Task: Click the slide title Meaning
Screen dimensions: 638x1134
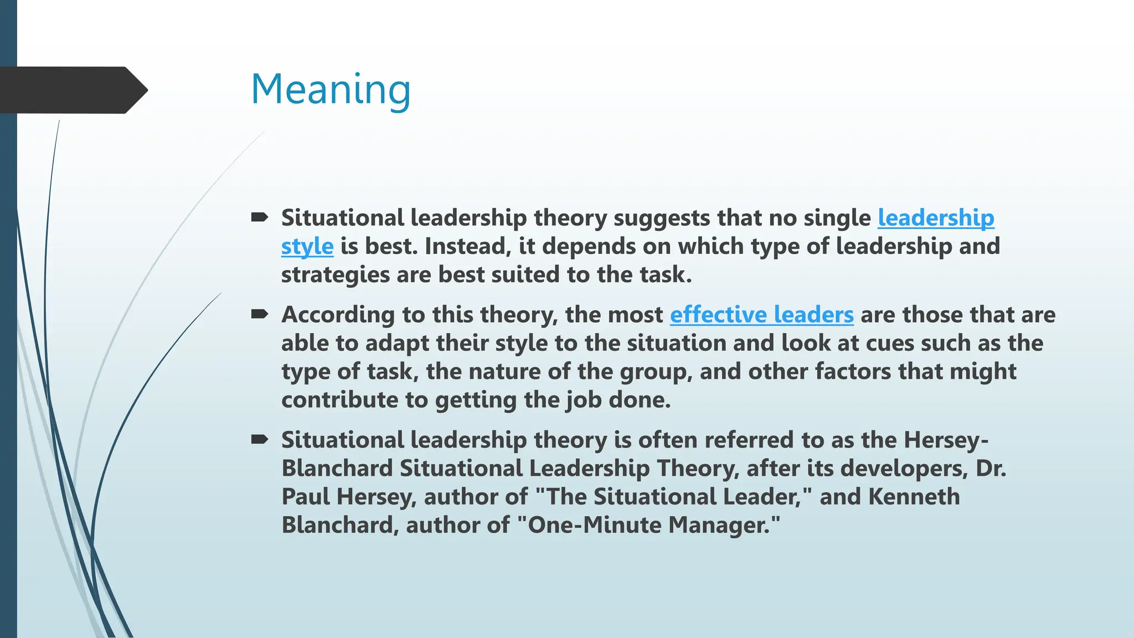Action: (x=331, y=89)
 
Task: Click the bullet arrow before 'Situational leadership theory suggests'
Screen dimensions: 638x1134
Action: (x=259, y=217)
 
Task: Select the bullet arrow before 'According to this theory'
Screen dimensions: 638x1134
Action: (x=259, y=314)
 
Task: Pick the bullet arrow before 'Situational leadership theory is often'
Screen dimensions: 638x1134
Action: (x=259, y=439)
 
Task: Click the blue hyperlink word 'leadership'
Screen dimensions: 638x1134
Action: (x=936, y=218)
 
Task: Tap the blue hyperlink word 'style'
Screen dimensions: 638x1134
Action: (x=307, y=246)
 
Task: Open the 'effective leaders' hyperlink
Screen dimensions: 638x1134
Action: (x=761, y=315)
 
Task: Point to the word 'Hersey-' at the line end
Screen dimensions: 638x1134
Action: (x=946, y=440)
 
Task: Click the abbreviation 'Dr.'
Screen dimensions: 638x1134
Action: (x=991, y=469)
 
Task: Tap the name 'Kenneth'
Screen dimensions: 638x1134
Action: (x=914, y=497)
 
